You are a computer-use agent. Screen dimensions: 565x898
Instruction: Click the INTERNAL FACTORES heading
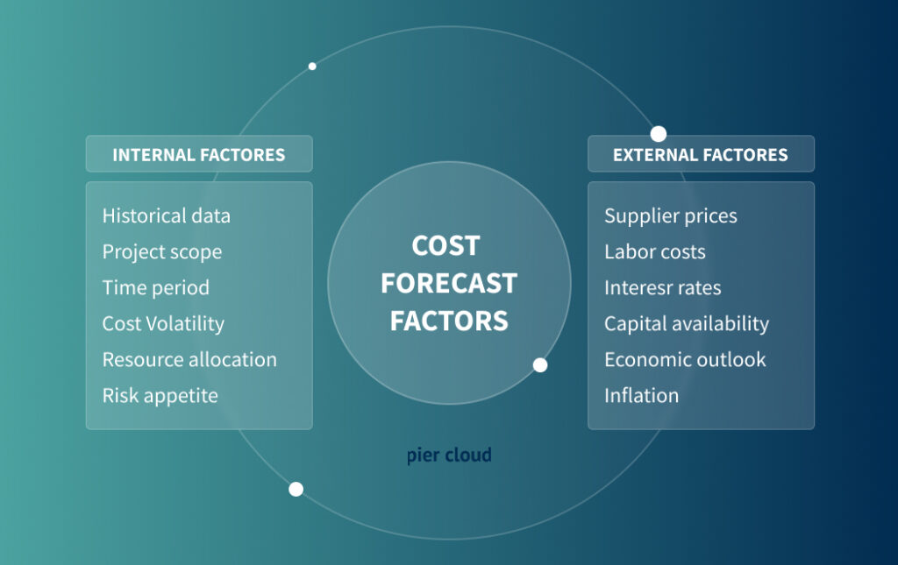point(198,155)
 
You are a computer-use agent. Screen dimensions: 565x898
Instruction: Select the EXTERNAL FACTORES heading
point(700,155)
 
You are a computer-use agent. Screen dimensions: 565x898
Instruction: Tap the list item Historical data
point(167,215)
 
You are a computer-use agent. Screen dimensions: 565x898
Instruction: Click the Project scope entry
point(162,251)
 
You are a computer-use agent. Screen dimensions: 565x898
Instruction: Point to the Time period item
point(156,287)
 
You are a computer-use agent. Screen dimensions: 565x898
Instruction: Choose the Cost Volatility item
point(163,323)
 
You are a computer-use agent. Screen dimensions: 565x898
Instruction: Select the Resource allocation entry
point(189,359)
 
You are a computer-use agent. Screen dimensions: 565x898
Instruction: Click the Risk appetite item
point(160,395)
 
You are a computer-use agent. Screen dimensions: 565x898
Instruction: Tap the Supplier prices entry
point(671,215)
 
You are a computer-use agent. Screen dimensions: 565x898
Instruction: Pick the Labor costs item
point(655,251)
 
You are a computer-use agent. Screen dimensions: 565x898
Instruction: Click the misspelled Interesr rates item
point(663,287)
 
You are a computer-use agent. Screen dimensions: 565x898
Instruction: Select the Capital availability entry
point(687,323)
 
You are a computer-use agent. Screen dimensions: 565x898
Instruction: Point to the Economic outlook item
point(685,359)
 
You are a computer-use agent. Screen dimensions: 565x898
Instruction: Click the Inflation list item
point(641,395)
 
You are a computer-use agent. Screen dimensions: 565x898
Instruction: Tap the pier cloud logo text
point(449,456)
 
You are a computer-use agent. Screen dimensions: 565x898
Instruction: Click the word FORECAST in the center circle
point(449,283)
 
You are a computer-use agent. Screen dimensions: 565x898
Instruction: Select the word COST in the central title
point(446,246)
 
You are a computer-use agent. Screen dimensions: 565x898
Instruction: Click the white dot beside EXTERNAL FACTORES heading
point(659,134)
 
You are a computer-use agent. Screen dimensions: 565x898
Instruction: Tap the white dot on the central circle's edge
point(540,364)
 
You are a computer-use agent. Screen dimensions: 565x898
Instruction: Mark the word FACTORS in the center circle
point(449,321)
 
